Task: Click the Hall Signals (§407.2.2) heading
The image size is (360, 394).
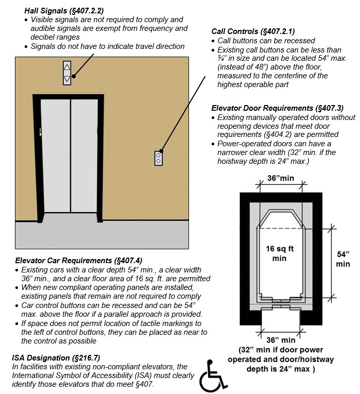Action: coord(63,10)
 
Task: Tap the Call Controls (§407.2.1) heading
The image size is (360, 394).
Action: coord(253,31)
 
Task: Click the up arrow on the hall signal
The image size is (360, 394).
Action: coord(67,67)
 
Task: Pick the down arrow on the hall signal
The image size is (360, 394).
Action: coord(67,79)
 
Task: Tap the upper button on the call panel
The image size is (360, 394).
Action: coord(159,155)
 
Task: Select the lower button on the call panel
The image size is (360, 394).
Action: coord(159,161)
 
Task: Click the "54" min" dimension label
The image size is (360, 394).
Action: coord(342,259)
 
